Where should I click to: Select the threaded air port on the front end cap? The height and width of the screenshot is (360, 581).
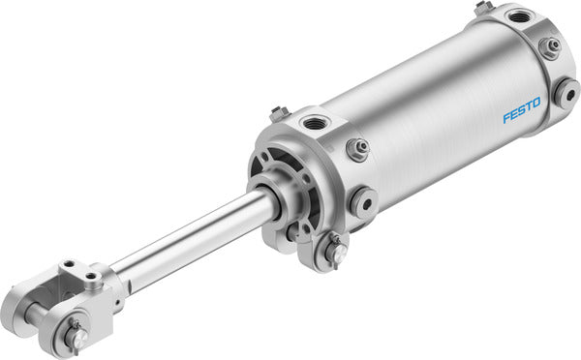tap(316, 123)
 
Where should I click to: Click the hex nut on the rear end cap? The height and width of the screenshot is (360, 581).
tap(552, 46)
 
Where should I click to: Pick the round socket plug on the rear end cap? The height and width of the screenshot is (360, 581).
tap(566, 93)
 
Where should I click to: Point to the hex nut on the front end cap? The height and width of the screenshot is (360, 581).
tap(357, 148)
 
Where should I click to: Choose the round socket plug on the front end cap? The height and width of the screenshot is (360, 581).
tap(364, 202)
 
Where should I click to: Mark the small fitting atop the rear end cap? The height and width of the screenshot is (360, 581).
tap(483, 9)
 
